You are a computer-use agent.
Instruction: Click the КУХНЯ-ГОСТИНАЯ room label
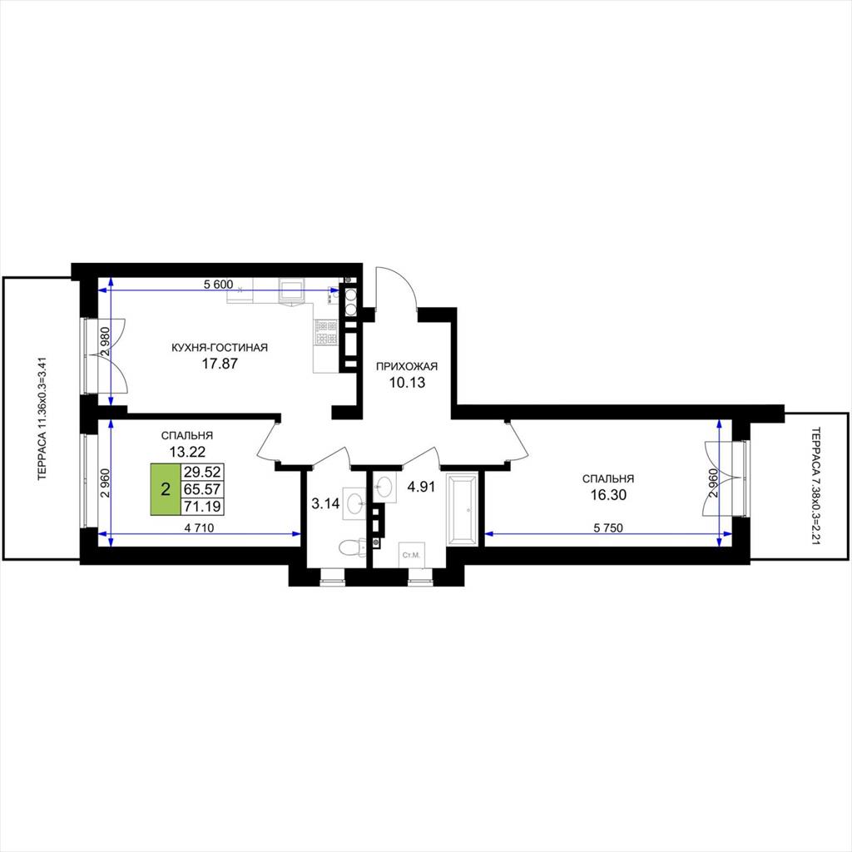click(x=220, y=347)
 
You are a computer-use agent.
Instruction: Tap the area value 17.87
click(x=220, y=364)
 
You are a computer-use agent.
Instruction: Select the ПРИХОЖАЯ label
click(x=407, y=366)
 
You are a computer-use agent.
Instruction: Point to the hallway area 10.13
click(x=407, y=383)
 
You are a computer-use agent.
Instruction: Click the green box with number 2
click(x=166, y=489)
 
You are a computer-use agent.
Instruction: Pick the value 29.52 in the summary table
click(x=202, y=471)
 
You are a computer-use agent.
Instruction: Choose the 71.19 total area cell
click(x=202, y=507)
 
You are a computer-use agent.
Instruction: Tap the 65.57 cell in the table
click(x=202, y=489)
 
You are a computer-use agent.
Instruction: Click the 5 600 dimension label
click(x=219, y=285)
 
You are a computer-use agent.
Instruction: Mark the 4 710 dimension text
click(x=199, y=528)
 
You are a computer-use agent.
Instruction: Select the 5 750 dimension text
click(x=607, y=528)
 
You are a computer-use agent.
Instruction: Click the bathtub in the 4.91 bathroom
click(x=462, y=509)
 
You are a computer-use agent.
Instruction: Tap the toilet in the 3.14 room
click(x=352, y=547)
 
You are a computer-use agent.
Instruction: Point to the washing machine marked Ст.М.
click(x=412, y=555)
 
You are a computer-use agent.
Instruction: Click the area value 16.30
click(x=608, y=495)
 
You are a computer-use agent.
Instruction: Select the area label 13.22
click(x=187, y=451)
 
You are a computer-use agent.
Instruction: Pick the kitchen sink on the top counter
click(x=292, y=290)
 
